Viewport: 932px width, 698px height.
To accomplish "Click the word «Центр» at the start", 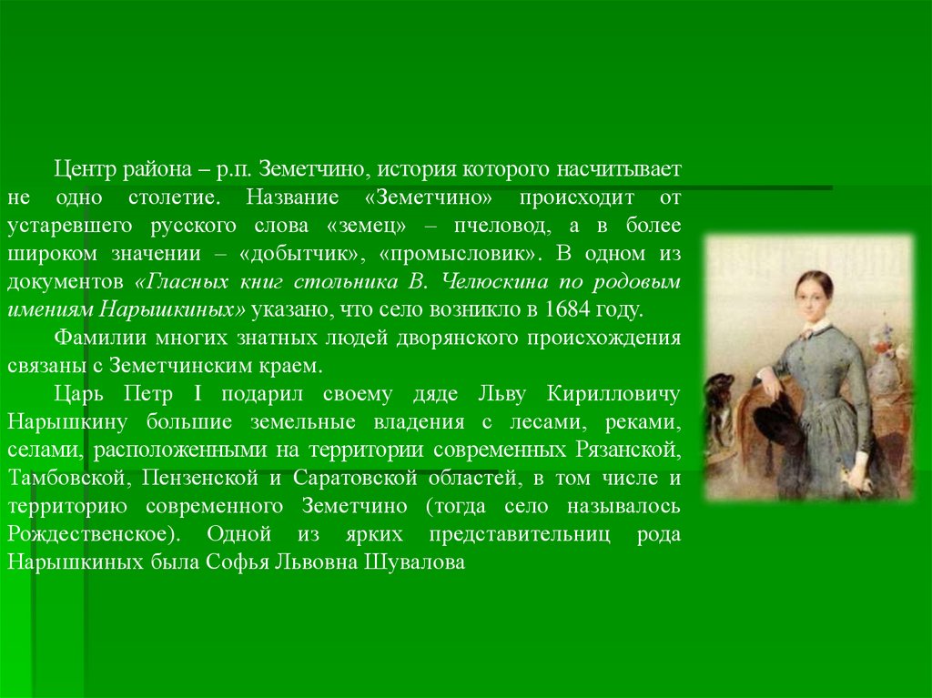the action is pyautogui.click(x=86, y=169).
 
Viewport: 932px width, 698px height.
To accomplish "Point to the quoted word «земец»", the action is pyautogui.click(x=366, y=226).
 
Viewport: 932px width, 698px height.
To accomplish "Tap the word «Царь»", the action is pyautogui.click(x=78, y=394).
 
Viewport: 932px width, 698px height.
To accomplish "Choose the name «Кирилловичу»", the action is pyautogui.click(x=613, y=394).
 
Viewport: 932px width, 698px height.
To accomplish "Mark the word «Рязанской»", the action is pyautogui.click(x=628, y=450).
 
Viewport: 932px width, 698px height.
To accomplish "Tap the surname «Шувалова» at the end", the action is pyautogui.click(x=414, y=561).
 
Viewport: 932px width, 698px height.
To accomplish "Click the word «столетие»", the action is pyautogui.click(x=174, y=197).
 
